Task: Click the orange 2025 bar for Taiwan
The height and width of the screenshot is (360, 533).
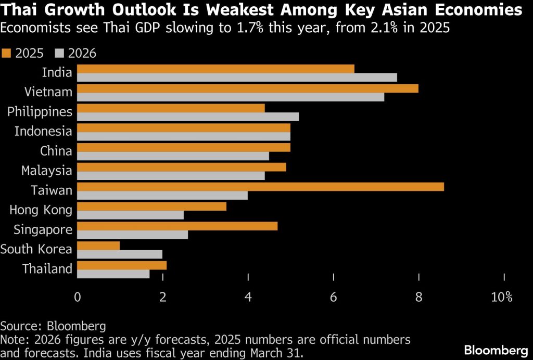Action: (x=260, y=187)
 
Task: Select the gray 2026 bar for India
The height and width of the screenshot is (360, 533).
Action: (x=237, y=78)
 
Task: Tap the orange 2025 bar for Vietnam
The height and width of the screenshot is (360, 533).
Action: (x=248, y=88)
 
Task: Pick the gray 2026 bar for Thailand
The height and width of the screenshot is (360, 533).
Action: (x=113, y=274)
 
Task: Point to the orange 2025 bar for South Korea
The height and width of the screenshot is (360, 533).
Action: (x=98, y=246)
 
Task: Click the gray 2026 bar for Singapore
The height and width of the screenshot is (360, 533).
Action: (x=133, y=235)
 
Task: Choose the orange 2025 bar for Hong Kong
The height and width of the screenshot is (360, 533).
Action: (x=152, y=207)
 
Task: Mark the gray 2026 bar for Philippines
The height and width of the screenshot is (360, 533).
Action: (x=188, y=117)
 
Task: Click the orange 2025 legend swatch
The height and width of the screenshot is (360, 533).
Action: (x=6, y=53)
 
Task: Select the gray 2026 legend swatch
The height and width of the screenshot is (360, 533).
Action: (x=58, y=53)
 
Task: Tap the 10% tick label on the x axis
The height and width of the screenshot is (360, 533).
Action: (x=502, y=298)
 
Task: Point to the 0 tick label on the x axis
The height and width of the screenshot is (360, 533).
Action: (x=78, y=298)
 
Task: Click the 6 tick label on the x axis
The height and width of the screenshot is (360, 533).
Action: (x=334, y=298)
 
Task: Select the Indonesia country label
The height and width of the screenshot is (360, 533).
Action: (x=43, y=131)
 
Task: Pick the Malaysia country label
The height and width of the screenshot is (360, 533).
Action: (x=47, y=171)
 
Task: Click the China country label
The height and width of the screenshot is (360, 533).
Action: (x=56, y=151)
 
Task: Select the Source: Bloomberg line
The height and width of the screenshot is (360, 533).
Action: (x=53, y=326)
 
